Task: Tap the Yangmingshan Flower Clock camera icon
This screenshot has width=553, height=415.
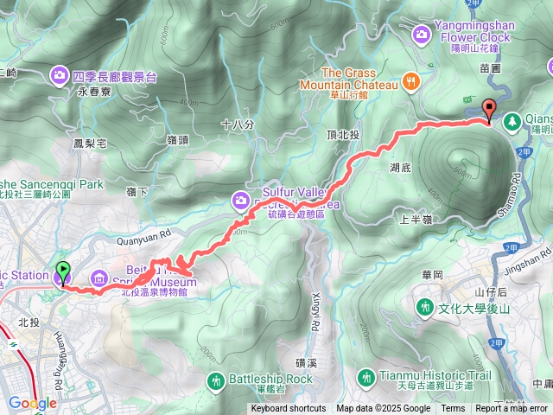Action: click(421, 34)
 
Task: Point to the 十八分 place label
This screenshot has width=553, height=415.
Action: click(237, 124)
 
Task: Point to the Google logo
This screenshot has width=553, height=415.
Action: click(32, 403)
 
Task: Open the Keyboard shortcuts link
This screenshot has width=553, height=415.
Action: click(289, 409)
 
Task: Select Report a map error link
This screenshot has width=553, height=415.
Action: click(512, 409)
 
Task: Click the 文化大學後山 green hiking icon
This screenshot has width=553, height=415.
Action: click(425, 307)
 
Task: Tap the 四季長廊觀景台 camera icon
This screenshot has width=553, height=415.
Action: click(60, 75)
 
